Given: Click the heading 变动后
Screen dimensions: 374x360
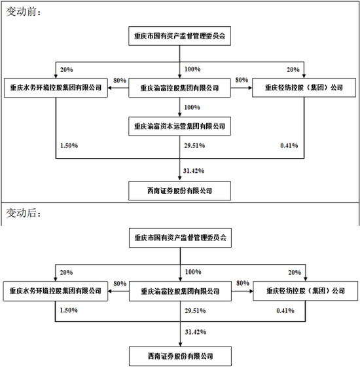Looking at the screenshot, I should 24,214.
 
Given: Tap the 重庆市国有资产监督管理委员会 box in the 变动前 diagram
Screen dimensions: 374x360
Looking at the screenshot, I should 179,37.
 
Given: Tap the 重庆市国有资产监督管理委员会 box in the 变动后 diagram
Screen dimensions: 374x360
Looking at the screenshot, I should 179,238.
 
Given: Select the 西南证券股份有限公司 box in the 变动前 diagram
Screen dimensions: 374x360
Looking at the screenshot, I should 179,191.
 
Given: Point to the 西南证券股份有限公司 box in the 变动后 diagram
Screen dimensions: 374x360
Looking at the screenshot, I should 179,358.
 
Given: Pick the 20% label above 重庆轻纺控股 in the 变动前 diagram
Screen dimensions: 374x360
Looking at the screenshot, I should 293,69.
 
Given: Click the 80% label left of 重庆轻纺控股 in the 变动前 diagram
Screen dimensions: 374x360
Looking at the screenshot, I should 242,80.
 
